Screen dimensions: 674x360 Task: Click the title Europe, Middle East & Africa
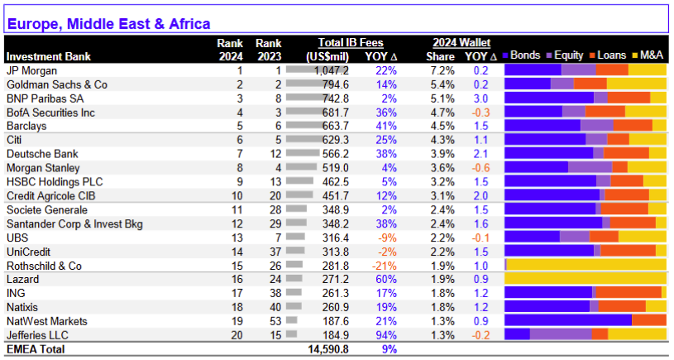(109, 24)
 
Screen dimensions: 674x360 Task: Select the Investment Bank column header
(49, 57)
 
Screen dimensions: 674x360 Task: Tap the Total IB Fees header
(351, 43)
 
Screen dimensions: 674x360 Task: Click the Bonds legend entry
(521, 55)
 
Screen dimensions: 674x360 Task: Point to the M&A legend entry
(648, 55)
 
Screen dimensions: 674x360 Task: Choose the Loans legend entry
(608, 55)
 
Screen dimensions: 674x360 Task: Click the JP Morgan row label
(31, 70)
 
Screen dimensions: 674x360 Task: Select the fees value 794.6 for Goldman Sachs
(335, 84)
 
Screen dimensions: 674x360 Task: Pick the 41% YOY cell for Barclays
(386, 126)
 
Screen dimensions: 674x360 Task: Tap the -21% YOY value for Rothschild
(385, 266)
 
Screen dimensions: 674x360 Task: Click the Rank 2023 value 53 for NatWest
(275, 321)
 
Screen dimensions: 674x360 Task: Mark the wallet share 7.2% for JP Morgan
(442, 70)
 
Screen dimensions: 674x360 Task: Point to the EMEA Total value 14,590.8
(328, 349)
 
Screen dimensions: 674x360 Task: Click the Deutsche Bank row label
(42, 154)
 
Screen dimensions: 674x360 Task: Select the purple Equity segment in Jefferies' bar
(561, 334)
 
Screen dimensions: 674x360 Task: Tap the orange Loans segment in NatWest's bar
(649, 320)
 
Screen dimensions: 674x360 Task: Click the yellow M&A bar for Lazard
(586, 278)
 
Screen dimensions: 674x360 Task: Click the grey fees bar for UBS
(295, 237)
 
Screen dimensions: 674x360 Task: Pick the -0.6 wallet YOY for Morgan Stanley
(480, 168)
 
